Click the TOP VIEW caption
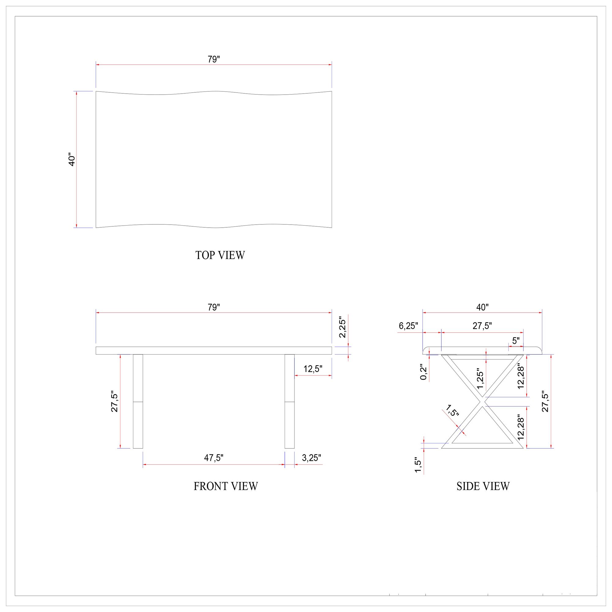tap(220, 255)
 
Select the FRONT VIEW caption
tap(226, 486)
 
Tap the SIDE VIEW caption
tap(483, 486)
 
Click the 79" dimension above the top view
tap(214, 59)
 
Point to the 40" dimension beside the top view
tap(72, 161)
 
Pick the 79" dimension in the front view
tap(214, 307)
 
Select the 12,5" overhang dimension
tap(313, 369)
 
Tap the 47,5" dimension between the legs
tap(214, 458)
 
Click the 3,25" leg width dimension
tap(312, 458)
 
